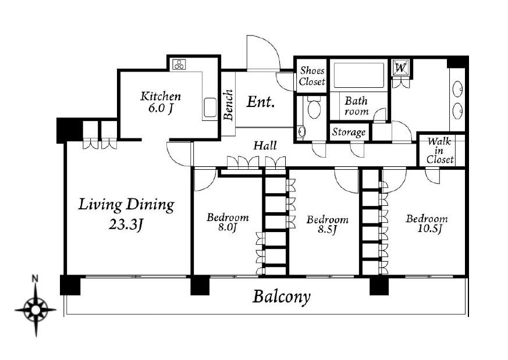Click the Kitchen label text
[160, 97]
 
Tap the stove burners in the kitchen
[179, 64]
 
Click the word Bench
[228, 105]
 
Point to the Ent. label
[260, 102]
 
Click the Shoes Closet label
[312, 76]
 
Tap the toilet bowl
[313, 108]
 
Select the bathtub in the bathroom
[357, 75]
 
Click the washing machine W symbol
[400, 68]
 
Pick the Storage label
[349, 132]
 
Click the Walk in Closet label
[440, 149]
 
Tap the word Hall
[265, 146]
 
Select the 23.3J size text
[127, 225]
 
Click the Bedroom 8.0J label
[228, 222]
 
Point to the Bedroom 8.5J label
[327, 224]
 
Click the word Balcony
[281, 297]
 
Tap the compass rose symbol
[35, 309]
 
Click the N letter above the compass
[35, 279]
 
